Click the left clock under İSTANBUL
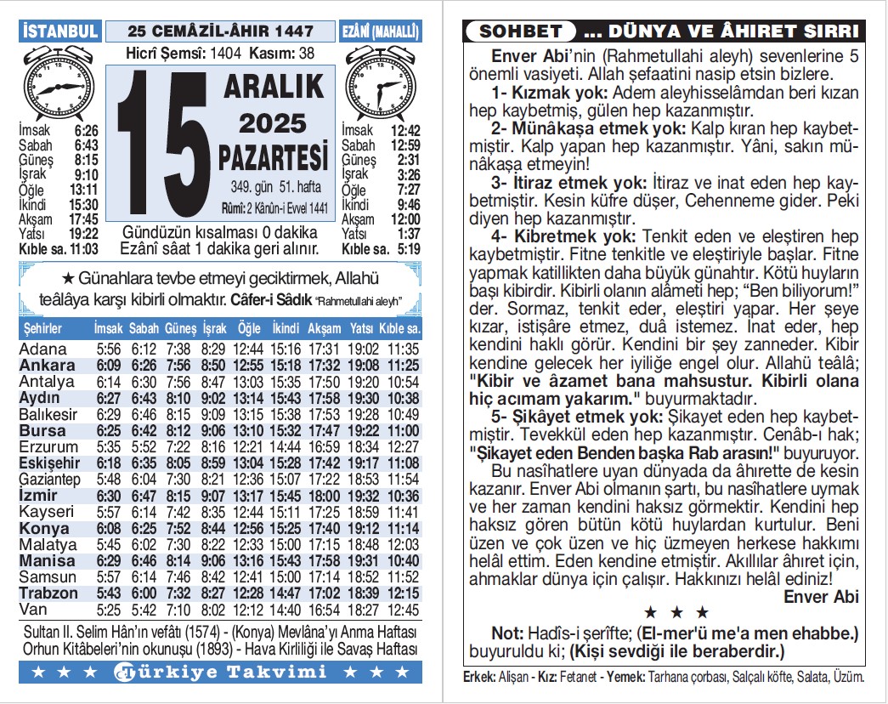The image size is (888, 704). pos(56,84)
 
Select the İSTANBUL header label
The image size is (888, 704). pos(60,31)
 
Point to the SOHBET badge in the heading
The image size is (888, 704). pos(521,32)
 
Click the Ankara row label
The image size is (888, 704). pos(48,366)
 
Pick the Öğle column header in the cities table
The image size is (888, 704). pos(249,329)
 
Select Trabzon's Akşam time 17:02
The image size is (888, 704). pos(324,593)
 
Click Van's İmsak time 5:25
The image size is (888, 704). pos(109,610)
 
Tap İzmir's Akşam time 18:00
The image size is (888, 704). pos(324,497)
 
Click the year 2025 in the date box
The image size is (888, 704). pos(272,124)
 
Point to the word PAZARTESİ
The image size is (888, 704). pos(273,157)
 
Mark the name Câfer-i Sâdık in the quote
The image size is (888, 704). pos(263,300)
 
